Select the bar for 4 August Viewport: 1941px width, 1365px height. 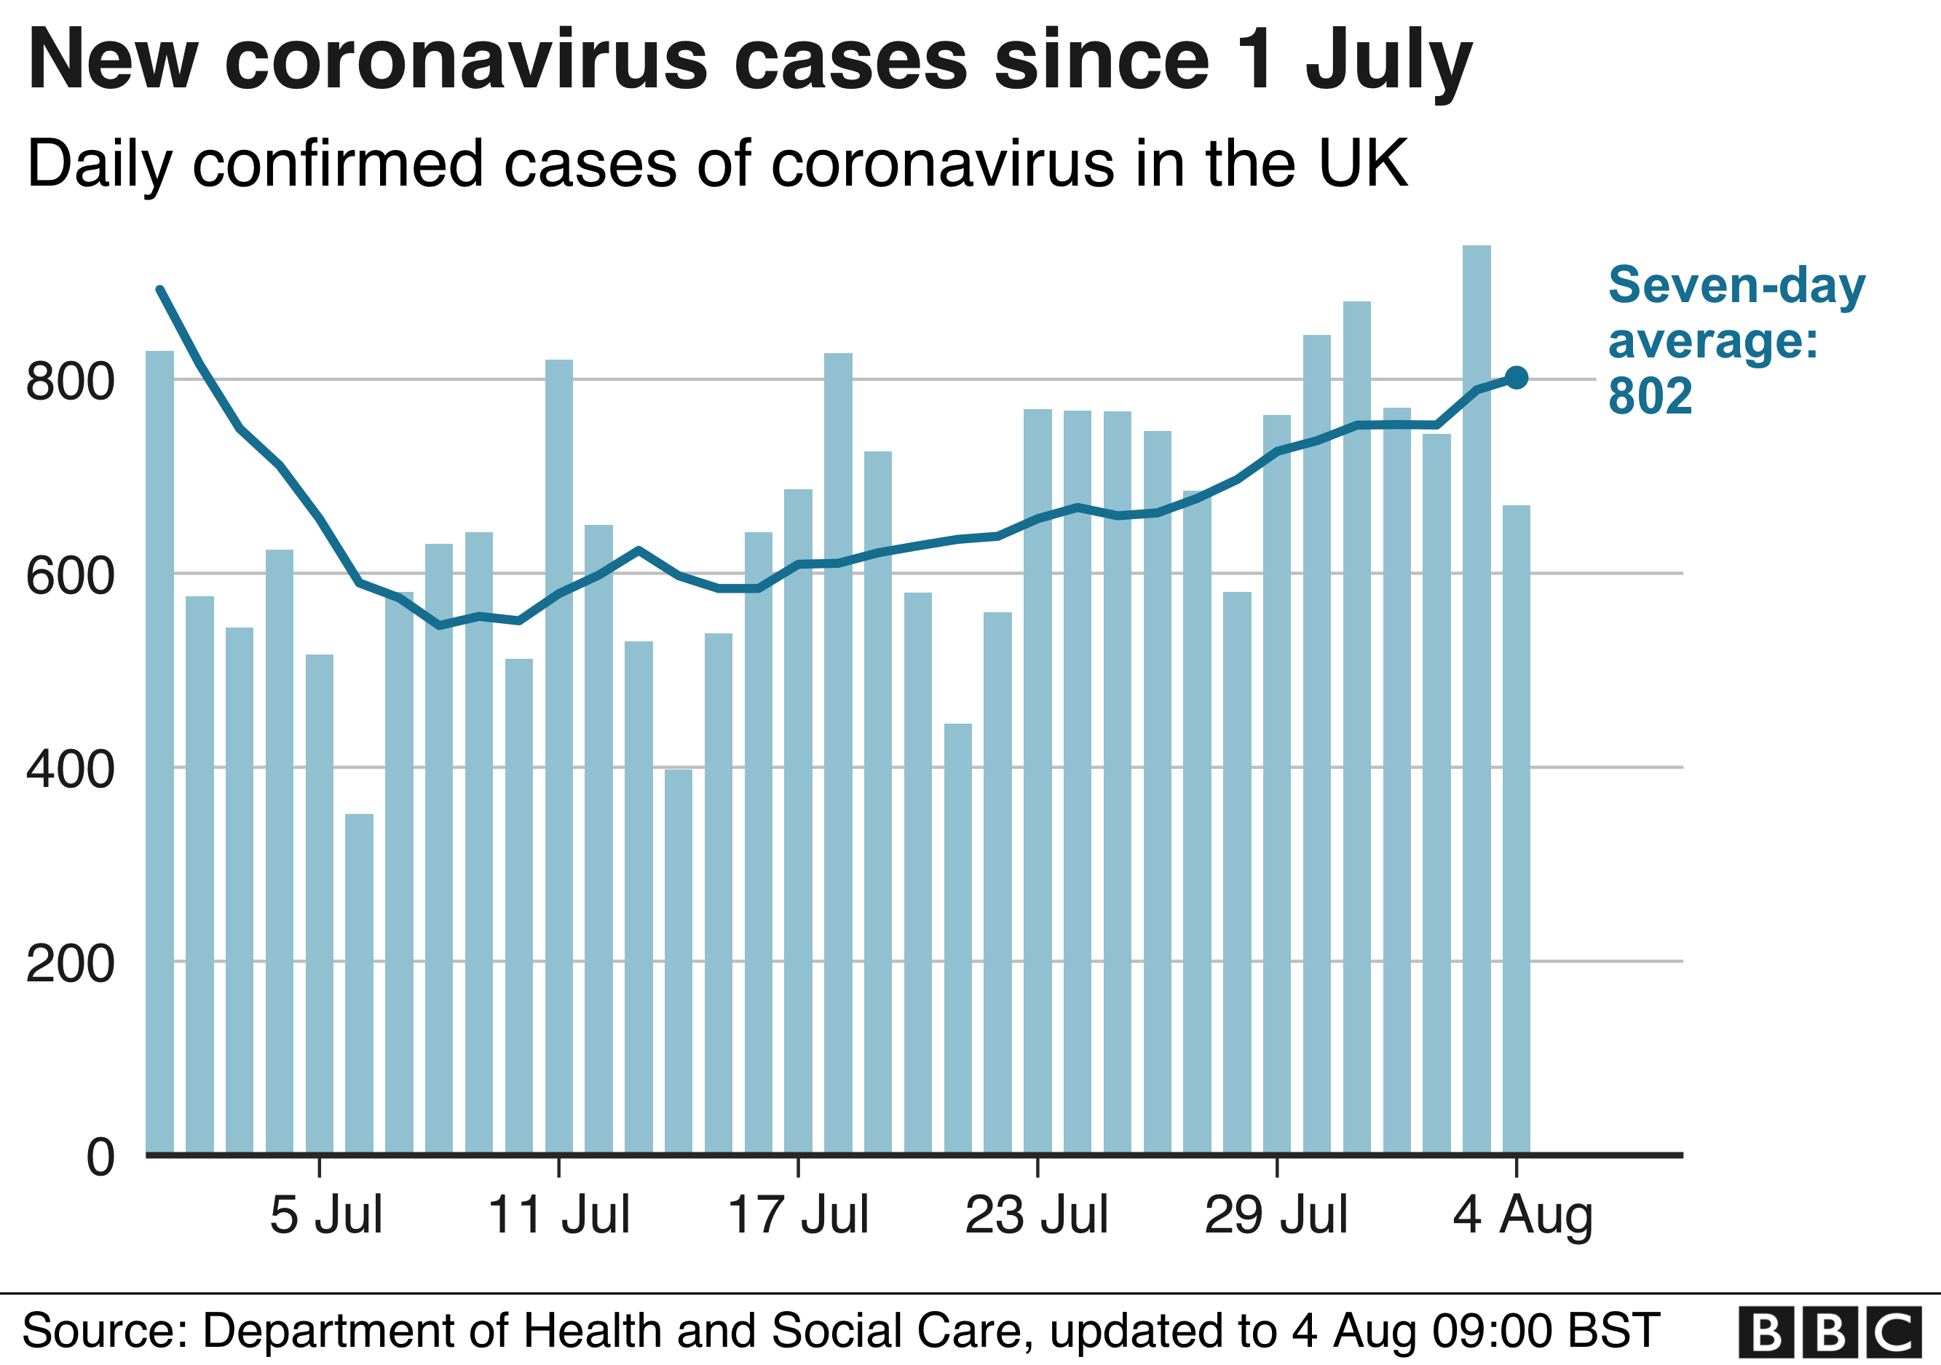1516,828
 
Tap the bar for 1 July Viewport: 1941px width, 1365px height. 159,751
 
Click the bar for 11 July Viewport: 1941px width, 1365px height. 559,756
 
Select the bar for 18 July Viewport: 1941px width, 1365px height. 838,752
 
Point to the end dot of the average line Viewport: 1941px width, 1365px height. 1517,378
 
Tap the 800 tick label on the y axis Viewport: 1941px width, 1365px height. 70,381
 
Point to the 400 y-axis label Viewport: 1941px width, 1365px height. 70,769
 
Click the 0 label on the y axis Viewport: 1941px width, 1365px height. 100,1157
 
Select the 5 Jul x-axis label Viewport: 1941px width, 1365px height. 326,1216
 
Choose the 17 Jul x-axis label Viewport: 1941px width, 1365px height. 798,1216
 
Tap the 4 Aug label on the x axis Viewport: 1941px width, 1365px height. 1522,1216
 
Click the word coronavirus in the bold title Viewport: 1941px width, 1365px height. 466,61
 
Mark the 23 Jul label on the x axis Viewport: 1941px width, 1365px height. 1037,1216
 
